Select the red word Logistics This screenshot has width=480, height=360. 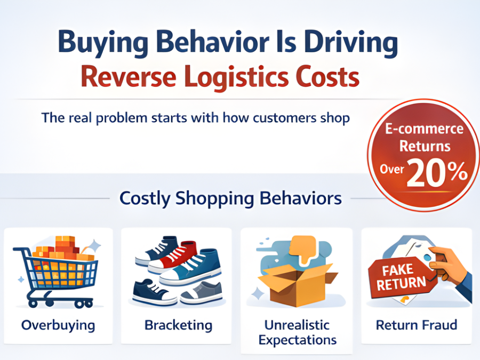[236, 77]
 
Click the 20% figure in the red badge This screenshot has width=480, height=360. [437, 173]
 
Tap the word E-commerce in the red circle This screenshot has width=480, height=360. [425, 129]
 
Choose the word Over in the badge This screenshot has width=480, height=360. [392, 169]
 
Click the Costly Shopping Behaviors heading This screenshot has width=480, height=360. [230, 198]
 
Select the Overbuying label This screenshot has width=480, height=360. [58, 325]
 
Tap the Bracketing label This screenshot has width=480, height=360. [179, 325]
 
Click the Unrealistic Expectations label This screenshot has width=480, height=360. [297, 332]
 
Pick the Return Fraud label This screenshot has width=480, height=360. [417, 325]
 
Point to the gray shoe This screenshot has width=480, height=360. [202, 292]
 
